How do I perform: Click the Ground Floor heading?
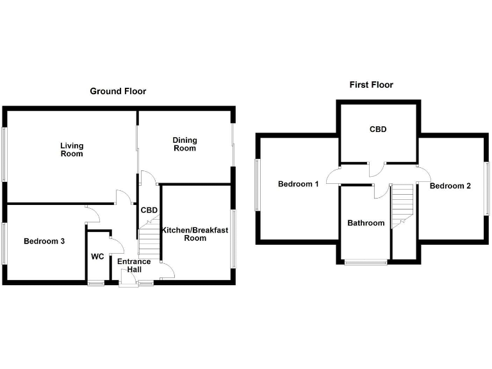tap(118, 92)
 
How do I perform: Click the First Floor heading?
tap(371, 85)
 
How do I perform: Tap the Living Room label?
tap(72, 149)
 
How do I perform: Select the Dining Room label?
tap(184, 144)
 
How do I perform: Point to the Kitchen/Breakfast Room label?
tap(195, 234)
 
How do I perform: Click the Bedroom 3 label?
tap(44, 242)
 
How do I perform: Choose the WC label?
tap(97, 256)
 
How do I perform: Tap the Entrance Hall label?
tap(134, 265)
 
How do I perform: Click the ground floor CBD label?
tap(149, 210)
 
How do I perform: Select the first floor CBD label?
tap(378, 129)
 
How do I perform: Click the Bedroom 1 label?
tap(298, 184)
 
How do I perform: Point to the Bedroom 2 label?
tap(450, 186)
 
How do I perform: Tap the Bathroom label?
tap(366, 223)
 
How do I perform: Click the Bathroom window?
tap(366, 262)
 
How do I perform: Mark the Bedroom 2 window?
tap(488, 186)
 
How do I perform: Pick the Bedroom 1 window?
tap(257, 184)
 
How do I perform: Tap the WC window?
tap(96, 283)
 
